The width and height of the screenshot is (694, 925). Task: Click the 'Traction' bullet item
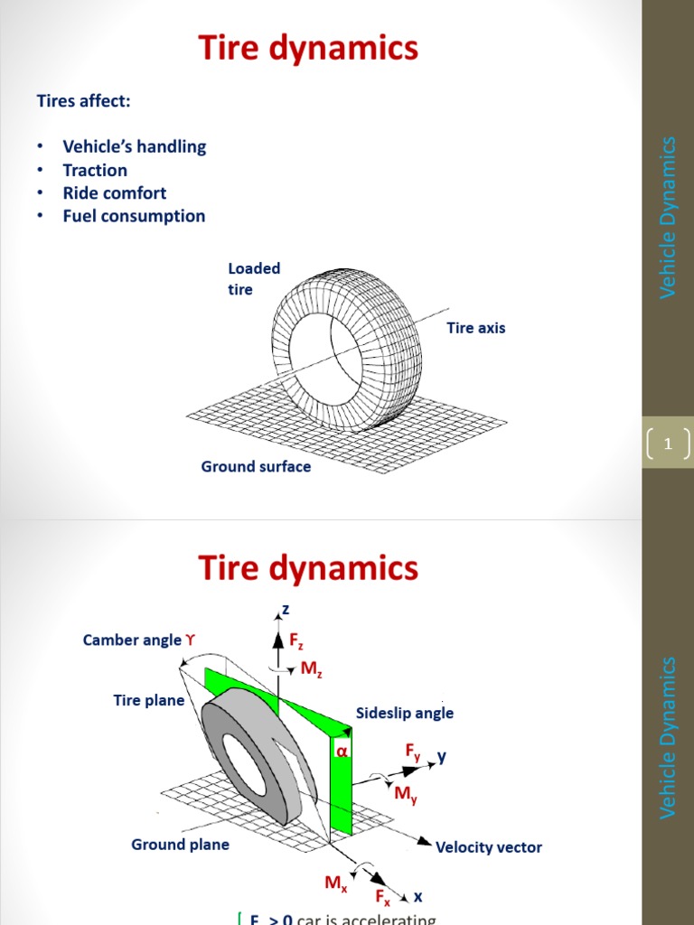pos(95,170)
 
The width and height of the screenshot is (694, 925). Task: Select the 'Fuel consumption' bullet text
pos(134,216)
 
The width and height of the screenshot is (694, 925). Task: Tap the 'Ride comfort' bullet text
pos(114,192)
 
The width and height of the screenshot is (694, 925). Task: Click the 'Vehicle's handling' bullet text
pos(134,146)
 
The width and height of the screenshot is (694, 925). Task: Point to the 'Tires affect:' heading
pos(83,100)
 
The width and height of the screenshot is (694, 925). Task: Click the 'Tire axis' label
pos(476,328)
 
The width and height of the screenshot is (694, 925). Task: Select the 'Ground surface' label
pos(256,466)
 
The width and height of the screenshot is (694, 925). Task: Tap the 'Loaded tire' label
pos(253,278)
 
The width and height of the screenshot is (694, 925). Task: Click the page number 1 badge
pos(669,444)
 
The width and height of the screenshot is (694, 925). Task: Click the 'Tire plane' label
pos(149,700)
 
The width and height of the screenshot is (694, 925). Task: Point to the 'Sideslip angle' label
pos(405,713)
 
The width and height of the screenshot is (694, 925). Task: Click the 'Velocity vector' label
pos(489,847)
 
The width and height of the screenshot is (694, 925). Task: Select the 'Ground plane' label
pos(181,845)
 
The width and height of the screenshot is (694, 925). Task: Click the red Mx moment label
pos(336,883)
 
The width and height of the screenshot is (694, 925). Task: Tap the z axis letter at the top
pos(286,612)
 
